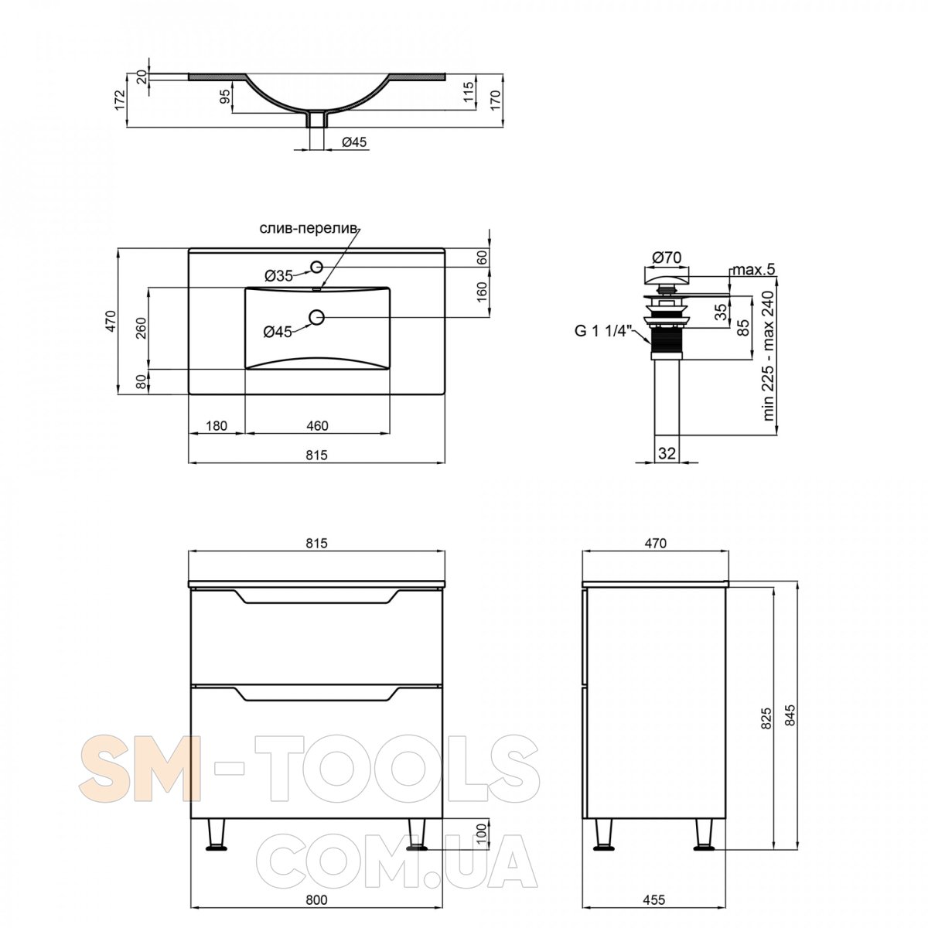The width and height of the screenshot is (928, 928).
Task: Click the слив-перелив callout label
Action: click(309, 228)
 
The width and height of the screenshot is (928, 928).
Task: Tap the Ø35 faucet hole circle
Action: click(316, 266)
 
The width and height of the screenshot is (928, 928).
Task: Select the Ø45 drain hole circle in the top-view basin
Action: click(316, 317)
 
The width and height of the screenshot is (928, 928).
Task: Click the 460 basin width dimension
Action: click(317, 425)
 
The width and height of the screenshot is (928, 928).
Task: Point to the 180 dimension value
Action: click(217, 425)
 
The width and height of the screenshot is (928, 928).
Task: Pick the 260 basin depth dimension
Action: click(141, 329)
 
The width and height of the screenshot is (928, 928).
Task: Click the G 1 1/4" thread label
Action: click(602, 331)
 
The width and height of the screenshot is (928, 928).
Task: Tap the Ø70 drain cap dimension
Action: click(667, 258)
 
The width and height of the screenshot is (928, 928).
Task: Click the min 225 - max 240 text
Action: click(769, 356)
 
